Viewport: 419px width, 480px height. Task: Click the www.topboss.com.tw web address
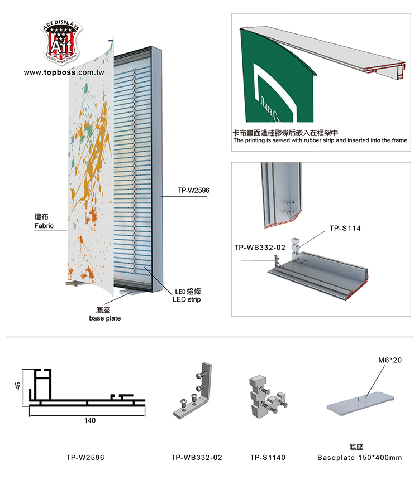click(64, 72)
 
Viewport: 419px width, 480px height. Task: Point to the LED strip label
click(186, 299)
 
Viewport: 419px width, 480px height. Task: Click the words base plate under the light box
click(105, 318)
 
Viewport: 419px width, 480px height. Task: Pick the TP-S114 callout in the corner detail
click(345, 227)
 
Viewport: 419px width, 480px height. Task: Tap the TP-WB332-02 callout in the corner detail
click(260, 246)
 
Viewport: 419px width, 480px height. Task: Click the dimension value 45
click(18, 386)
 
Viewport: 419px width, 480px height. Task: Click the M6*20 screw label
click(389, 360)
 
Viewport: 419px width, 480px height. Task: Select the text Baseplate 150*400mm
click(359, 458)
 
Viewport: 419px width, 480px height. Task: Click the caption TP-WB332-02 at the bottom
click(196, 458)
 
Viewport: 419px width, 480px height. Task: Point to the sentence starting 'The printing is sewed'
click(321, 140)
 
